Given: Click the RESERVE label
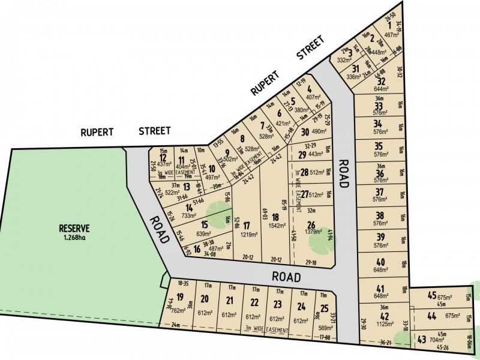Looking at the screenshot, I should (74, 228).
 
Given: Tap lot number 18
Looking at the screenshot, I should (275, 217).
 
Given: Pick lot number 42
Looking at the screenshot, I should (385, 316).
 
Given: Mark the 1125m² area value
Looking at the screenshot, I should (385, 325).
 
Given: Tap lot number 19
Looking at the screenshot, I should (179, 296).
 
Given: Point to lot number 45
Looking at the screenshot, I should (431, 295).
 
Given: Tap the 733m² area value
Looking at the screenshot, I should (190, 216).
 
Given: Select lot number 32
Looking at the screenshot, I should (380, 82).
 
